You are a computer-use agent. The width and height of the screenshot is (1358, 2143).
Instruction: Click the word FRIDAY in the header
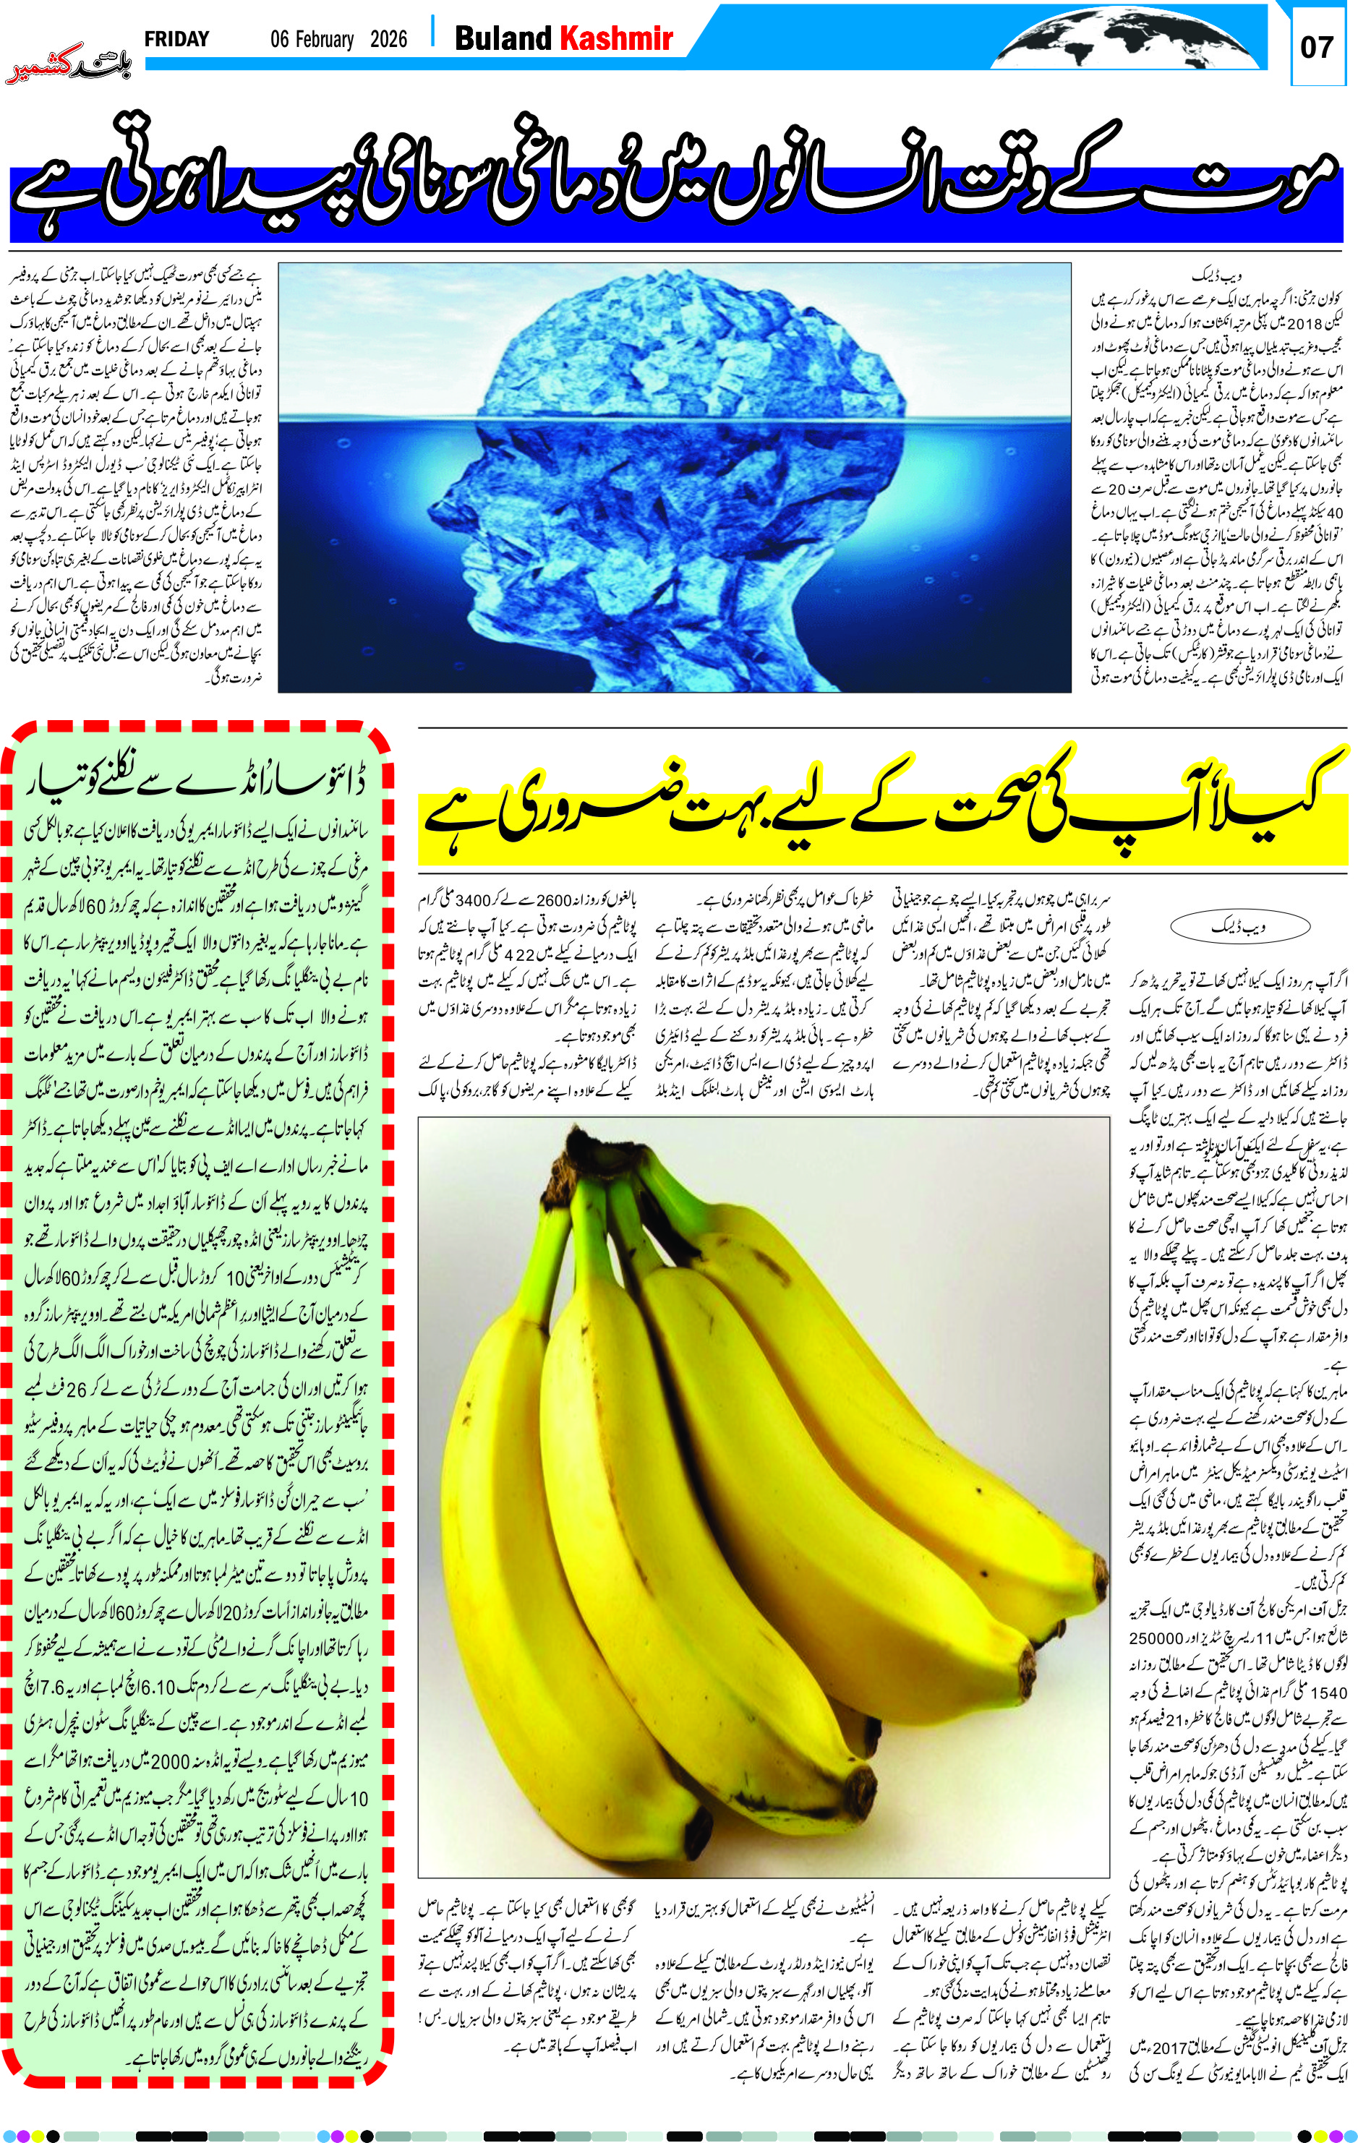tap(176, 39)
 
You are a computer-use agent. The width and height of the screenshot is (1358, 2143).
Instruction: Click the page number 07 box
tap(1316, 47)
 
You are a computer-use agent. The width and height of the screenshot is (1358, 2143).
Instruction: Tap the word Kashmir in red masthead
tap(616, 38)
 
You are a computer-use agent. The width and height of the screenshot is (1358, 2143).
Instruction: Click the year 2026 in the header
tap(388, 39)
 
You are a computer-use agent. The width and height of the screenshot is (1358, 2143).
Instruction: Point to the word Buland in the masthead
tap(503, 38)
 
